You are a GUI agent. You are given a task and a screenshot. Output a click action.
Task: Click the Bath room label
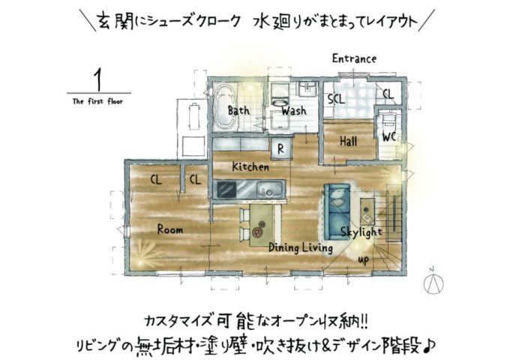coord(238,110)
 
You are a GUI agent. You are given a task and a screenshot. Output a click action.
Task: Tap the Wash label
coord(294,111)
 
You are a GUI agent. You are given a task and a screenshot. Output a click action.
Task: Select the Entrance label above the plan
coord(354,58)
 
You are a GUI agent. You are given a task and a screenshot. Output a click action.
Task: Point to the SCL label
coord(336,98)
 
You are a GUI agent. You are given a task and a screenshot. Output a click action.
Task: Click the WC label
coord(389,137)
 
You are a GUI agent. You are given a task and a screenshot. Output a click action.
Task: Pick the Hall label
coord(348,141)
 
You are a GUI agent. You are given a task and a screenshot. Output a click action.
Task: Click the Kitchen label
coord(250,166)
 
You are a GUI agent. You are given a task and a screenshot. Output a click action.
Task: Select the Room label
coord(170,229)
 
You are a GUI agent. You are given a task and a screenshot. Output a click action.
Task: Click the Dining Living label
coord(301,247)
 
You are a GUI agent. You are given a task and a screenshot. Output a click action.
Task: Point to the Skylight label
coord(361,232)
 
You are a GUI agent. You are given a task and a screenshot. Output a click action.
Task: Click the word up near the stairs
coord(364,259)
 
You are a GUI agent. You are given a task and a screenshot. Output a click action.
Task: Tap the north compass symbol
coord(433,282)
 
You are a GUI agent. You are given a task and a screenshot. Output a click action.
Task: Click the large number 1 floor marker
coord(97,80)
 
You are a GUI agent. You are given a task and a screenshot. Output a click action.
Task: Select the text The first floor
coord(98,101)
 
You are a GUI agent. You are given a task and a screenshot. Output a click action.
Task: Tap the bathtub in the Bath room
coord(225,108)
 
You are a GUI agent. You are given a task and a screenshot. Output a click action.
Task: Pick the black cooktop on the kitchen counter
coord(227,189)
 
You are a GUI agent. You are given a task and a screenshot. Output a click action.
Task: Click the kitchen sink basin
coord(269,189)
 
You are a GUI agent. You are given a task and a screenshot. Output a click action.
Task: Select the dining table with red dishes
coord(262,225)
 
